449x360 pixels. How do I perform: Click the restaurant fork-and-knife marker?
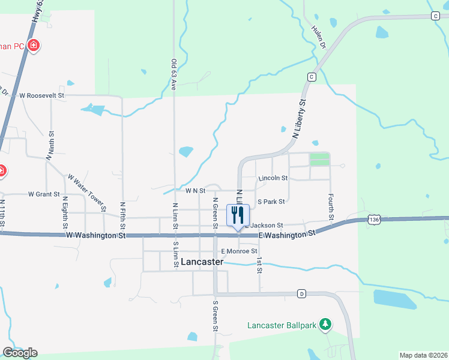pyautogui.click(x=238, y=215)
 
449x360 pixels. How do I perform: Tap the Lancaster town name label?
pyautogui.click(x=202, y=262)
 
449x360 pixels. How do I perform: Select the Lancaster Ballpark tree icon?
pyautogui.click(x=325, y=324)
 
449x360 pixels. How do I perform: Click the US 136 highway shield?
pyautogui.click(x=375, y=220)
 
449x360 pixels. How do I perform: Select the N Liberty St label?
pyautogui.click(x=299, y=120)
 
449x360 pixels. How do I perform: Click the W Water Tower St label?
pyautogui.click(x=87, y=193)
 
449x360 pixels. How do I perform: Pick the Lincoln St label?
pyautogui.click(x=273, y=178)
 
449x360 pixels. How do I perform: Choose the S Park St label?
pyautogui.click(x=270, y=202)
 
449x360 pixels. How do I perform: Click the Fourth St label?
pyautogui.click(x=331, y=206)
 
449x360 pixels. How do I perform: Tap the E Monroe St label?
pyautogui.click(x=239, y=251)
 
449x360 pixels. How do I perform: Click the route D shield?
pyautogui.click(x=301, y=293)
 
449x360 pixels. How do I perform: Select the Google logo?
pyautogui.click(x=20, y=353)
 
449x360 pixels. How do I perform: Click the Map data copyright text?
pyautogui.click(x=423, y=355)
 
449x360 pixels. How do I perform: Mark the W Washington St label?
pyautogui.click(x=95, y=236)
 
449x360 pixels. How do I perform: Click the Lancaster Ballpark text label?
pyautogui.click(x=282, y=326)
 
